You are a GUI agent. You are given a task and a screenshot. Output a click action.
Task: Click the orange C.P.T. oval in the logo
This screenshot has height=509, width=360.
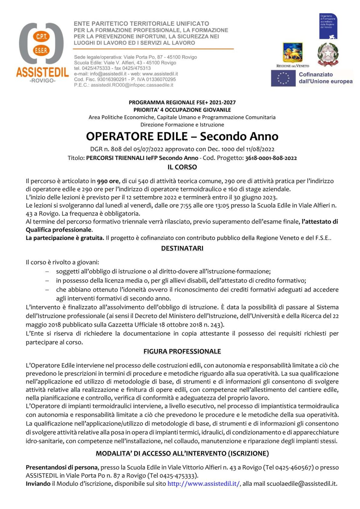coord(41,37)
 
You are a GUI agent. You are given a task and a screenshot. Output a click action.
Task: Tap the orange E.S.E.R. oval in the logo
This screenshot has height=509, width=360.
coord(41,50)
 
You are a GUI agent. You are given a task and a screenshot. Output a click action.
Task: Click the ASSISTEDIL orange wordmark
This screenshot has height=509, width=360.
coord(42,72)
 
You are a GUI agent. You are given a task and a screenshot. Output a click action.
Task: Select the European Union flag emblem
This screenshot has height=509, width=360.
coord(283,78)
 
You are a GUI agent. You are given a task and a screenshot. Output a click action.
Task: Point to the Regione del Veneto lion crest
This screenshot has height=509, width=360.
coord(293,52)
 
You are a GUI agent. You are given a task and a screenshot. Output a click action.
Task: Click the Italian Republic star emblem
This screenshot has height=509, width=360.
coord(328,54)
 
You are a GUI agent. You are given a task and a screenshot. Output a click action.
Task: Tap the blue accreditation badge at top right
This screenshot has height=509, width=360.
coord(328,26)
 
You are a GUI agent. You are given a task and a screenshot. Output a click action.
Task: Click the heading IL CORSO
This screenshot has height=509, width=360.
coord(182,167)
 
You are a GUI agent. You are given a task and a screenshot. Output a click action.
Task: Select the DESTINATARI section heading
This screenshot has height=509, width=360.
coord(182,248)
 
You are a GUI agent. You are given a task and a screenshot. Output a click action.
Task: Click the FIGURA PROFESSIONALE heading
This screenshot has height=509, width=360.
coord(182,351)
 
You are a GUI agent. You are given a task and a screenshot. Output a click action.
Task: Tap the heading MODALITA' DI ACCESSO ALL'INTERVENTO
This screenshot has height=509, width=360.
coord(182,453)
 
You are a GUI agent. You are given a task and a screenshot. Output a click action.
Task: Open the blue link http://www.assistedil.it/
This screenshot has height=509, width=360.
coord(204,484)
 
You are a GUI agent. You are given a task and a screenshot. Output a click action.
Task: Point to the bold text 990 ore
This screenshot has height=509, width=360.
coord(108,181)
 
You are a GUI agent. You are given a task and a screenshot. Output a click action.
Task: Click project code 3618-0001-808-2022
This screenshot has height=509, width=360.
coord(271,158)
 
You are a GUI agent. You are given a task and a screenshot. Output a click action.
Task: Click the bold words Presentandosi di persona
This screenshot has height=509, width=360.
coord(62,467)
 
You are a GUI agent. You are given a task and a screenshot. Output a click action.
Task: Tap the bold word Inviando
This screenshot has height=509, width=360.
coord(38,484)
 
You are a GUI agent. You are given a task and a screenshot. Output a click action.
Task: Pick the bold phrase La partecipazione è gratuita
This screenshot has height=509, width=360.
coord(65,238)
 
